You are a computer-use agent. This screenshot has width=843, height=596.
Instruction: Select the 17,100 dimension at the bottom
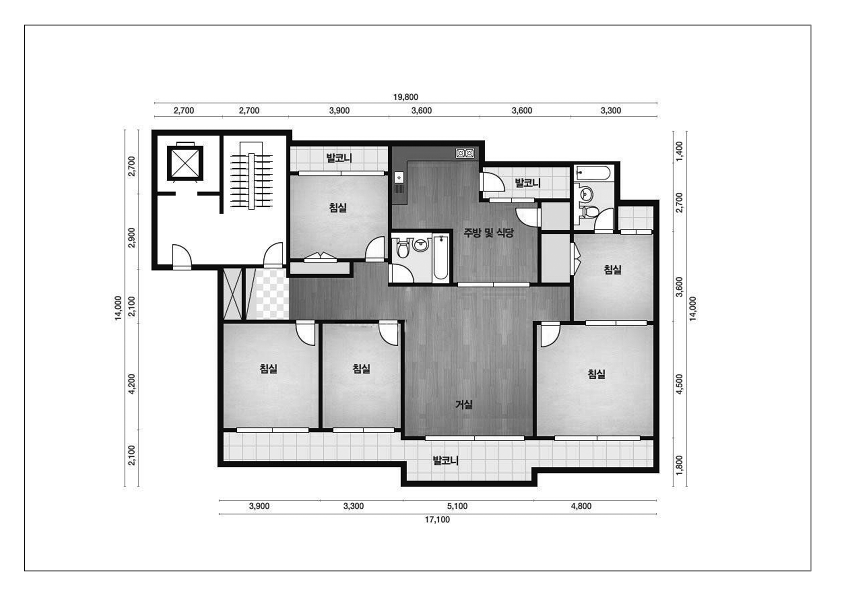tap(437, 520)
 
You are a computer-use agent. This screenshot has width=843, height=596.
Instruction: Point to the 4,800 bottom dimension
tap(581, 506)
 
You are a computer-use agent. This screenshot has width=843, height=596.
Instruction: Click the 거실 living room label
tap(464, 405)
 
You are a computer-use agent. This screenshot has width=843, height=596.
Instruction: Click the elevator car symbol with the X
tap(185, 163)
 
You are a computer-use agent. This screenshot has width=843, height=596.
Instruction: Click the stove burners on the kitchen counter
tap(465, 153)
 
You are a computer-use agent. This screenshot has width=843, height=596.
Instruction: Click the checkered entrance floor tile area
tap(272, 294)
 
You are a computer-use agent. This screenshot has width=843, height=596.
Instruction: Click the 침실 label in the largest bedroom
tap(596, 374)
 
